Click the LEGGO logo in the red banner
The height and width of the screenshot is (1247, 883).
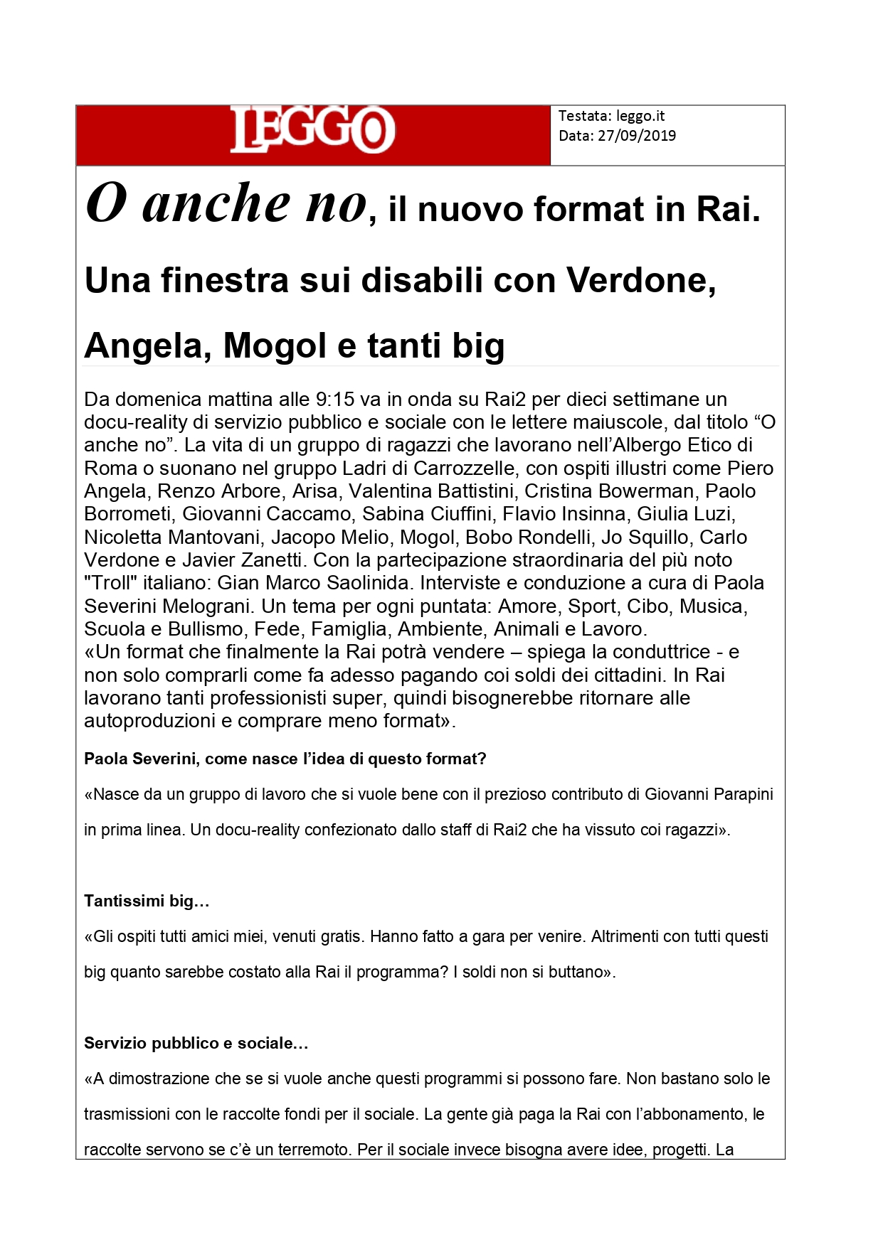tap(312, 129)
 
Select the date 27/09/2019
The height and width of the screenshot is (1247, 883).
tap(637, 136)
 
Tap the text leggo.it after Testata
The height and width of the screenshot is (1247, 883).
tap(640, 116)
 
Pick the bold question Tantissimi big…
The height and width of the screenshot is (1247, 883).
tap(147, 901)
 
